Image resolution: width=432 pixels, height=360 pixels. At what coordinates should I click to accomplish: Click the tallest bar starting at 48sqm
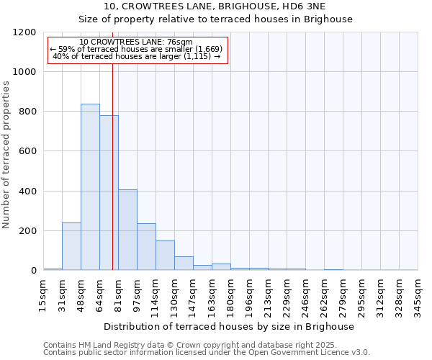tap(90, 187)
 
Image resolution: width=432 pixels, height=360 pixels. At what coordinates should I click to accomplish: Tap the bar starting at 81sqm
tap(127, 230)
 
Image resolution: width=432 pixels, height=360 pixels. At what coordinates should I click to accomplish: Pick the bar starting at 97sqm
tap(146, 247)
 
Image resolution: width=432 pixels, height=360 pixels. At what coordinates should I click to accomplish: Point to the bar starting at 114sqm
tap(165, 256)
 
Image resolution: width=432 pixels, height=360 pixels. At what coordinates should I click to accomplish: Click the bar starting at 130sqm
tap(184, 264)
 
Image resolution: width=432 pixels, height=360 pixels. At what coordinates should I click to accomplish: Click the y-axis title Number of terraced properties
tap(6, 155)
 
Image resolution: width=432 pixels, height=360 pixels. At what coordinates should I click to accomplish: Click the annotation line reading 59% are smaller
tap(137, 48)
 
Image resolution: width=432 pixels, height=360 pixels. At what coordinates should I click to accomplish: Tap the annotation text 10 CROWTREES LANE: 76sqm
tap(136, 42)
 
